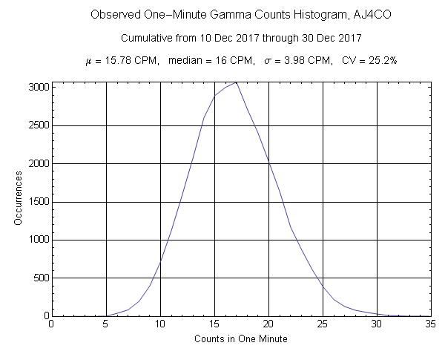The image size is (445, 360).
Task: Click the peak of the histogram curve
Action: click(x=236, y=82)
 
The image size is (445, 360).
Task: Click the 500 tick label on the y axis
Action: click(x=40, y=278)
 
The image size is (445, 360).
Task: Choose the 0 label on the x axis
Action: click(x=51, y=324)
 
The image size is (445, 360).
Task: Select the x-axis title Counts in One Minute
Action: click(x=241, y=339)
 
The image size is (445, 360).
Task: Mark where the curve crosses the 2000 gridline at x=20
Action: click(x=268, y=163)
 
